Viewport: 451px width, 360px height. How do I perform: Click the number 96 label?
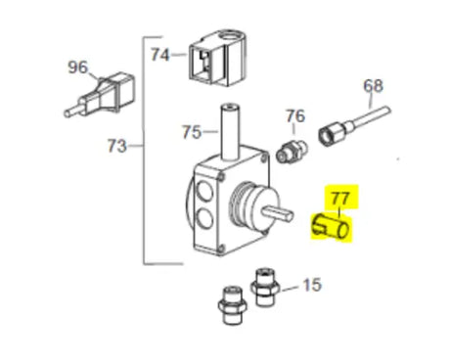77,68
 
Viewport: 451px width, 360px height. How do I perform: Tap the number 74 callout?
160,55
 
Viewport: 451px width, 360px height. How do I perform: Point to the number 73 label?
117,147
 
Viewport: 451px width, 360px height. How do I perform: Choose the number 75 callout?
193,131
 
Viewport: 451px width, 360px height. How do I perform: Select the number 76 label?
294,116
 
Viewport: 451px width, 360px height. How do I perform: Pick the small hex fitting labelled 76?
292,152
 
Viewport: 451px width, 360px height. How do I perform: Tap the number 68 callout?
373,85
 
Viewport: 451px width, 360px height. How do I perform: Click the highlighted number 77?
339,200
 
